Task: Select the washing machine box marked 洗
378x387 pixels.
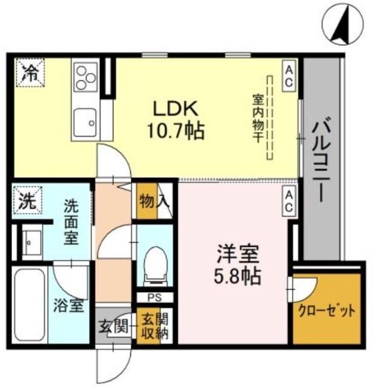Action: (25, 201)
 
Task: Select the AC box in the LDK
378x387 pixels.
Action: (289, 77)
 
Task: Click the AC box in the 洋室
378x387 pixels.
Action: (289, 201)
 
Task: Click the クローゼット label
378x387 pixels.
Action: (327, 311)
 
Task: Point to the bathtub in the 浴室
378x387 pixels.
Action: (29, 304)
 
